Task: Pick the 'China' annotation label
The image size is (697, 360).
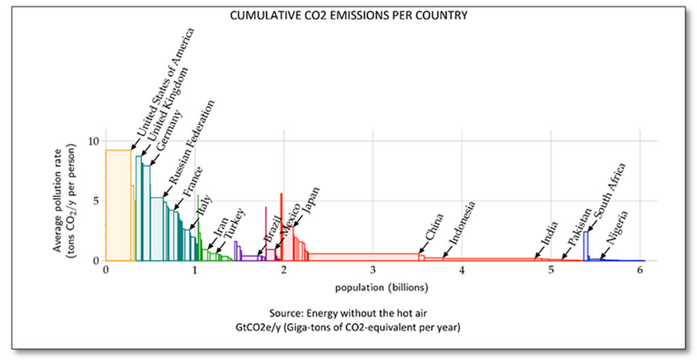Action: pyautogui.click(x=434, y=227)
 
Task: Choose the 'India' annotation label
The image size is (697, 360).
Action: pyautogui.click(x=548, y=234)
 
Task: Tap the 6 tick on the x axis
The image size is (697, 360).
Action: pyautogui.click(x=640, y=270)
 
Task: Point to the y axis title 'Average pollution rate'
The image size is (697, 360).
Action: pyautogui.click(x=59, y=201)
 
